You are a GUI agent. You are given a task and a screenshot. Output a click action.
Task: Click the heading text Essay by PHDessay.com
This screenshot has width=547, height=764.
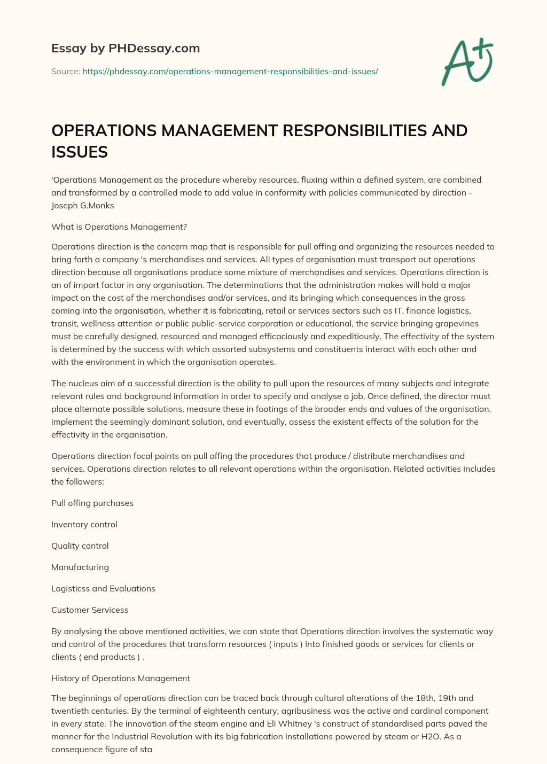(126, 49)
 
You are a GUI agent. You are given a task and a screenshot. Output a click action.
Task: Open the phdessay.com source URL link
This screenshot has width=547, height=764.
(230, 71)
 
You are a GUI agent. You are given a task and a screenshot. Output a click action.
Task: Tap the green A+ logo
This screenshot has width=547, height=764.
(466, 61)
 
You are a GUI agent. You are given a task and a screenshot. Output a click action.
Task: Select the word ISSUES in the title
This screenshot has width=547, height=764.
(80, 152)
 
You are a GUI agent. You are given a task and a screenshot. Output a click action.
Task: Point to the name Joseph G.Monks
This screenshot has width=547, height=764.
(83, 206)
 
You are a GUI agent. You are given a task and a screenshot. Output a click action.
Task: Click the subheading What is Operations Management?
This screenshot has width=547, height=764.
(119, 227)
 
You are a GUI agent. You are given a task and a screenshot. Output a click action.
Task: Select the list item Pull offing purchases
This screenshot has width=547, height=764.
(92, 503)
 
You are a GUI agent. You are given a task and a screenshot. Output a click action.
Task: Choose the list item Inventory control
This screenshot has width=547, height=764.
(84, 525)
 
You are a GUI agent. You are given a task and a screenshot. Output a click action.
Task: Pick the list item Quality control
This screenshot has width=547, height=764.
(80, 546)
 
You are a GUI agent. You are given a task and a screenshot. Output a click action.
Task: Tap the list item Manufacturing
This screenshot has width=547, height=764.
(80, 567)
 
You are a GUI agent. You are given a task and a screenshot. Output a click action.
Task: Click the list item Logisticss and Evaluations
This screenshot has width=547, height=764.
(103, 589)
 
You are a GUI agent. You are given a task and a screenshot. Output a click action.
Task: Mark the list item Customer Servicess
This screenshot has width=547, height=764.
(90, 610)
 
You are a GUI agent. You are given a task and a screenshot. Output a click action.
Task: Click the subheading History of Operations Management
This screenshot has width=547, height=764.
(121, 679)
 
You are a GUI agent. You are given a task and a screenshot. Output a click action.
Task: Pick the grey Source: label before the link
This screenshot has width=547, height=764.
(66, 71)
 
